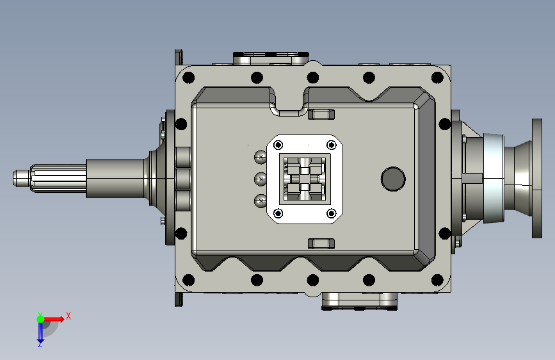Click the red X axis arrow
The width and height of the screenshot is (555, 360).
coord(54,319)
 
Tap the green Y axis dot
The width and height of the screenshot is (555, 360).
coord(40,319)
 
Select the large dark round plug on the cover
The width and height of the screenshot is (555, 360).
coord(393,179)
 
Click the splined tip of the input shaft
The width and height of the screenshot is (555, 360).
coord(49,178)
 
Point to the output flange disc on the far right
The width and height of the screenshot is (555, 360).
coord(537,178)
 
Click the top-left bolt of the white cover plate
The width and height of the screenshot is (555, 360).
coord(278,145)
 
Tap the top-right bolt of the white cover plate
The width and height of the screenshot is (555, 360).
coord(332,145)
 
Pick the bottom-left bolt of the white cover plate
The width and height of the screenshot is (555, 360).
coord(278,213)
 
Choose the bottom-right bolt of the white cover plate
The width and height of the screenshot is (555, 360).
coord(332,213)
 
